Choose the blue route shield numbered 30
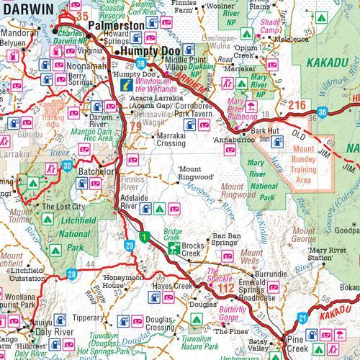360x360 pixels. coord(67,166)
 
